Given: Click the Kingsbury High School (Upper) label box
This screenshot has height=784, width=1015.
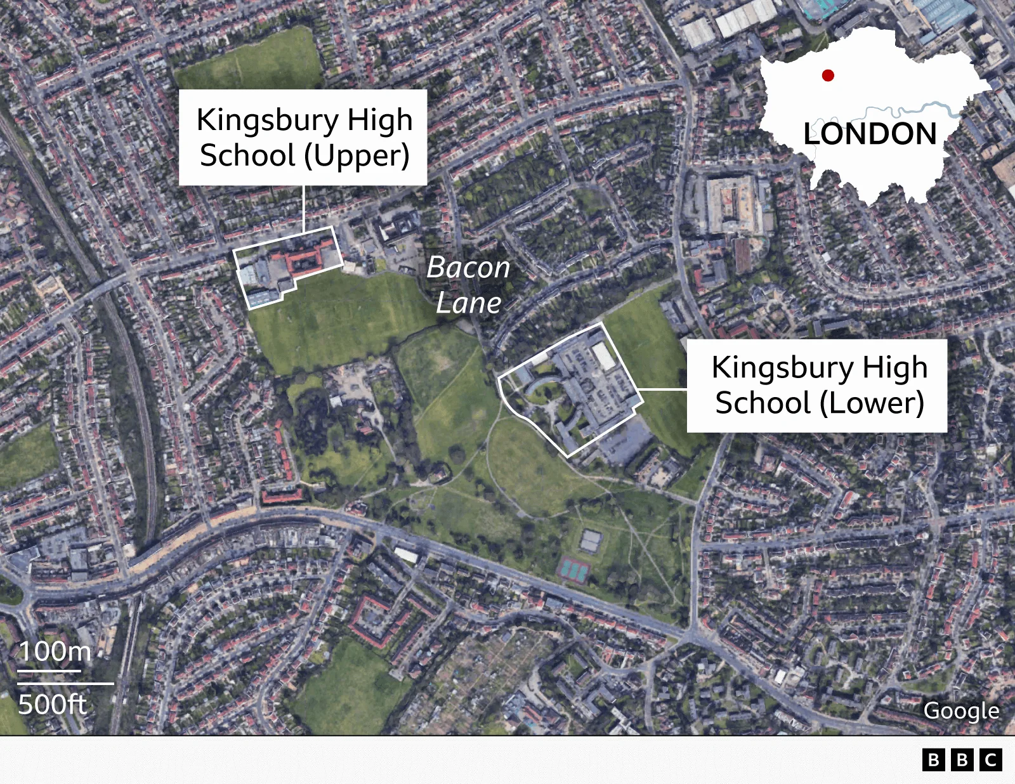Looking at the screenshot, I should coord(303,137).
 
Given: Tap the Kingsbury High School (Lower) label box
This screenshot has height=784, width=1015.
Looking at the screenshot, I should coord(816,385).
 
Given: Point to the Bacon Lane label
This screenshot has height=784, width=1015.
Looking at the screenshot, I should coord(469,285).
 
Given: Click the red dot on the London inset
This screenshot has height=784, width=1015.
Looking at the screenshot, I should coord(828,75).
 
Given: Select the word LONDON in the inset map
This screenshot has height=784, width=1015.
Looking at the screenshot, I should coord(870,134).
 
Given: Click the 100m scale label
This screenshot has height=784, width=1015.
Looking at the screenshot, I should coord(55,651).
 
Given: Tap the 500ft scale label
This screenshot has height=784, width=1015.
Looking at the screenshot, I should coord(53,704).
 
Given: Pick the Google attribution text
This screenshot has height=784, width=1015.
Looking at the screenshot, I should coord(961,710).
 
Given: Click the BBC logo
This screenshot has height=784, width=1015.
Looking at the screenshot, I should coord(962,759).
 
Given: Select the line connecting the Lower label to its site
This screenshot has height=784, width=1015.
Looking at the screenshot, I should coord(662,389).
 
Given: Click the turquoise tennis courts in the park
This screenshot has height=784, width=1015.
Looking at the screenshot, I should coord(574,570).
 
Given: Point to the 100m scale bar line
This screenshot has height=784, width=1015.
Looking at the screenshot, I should coord(49,670).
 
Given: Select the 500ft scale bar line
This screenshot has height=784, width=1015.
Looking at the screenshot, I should coord(65,684).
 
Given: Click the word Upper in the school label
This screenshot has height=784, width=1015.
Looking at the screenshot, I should coord(358,156).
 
